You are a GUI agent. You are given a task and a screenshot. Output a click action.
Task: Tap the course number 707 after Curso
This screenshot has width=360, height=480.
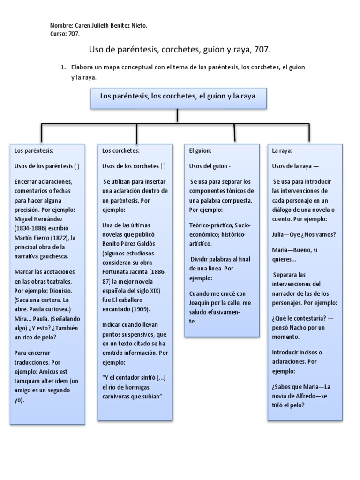tap(74, 34)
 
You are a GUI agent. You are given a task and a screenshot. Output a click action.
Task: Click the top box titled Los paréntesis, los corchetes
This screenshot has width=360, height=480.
tap(179, 96)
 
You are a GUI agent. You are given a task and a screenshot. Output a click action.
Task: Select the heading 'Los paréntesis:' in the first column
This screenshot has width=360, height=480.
tap(34, 151)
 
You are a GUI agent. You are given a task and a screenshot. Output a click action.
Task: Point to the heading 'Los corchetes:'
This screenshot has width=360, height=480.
tap(121, 151)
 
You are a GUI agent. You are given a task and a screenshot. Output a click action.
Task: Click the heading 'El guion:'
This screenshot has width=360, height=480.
tap(201, 151)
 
